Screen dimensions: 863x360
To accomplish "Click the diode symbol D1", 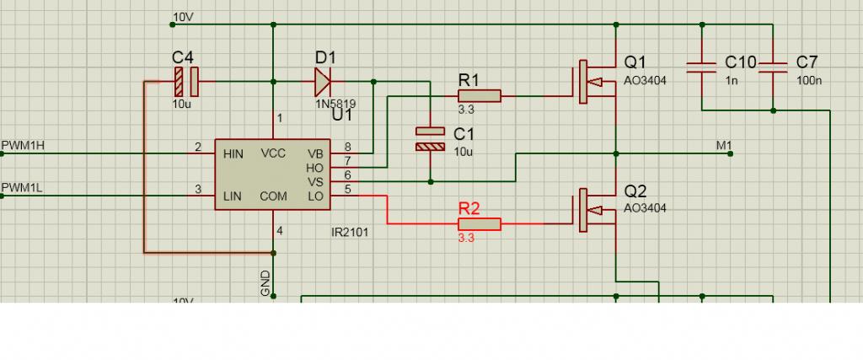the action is [323, 82].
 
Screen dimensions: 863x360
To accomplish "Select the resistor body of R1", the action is [480, 96].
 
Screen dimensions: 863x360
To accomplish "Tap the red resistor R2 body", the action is [480, 224].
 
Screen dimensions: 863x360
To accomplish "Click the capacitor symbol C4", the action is [186, 82].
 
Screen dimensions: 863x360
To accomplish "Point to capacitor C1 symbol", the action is [430, 139].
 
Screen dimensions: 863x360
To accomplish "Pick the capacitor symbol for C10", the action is [701, 67].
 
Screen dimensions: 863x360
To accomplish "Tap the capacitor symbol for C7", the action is [773, 67].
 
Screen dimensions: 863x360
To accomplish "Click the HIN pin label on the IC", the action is [233, 154].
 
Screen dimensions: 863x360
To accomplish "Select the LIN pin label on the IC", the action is [233, 196].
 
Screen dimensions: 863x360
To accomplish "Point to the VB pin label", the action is [316, 154].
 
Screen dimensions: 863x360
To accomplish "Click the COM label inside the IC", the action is [273, 196].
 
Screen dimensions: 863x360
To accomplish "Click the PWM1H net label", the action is [23, 145].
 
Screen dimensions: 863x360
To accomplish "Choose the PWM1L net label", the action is [22, 188].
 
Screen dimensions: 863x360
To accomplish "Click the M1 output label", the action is [724, 145].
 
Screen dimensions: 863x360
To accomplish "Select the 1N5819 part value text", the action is [335, 104].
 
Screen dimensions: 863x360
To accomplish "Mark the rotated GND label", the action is [265, 282].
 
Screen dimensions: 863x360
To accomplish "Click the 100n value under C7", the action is [809, 80].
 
